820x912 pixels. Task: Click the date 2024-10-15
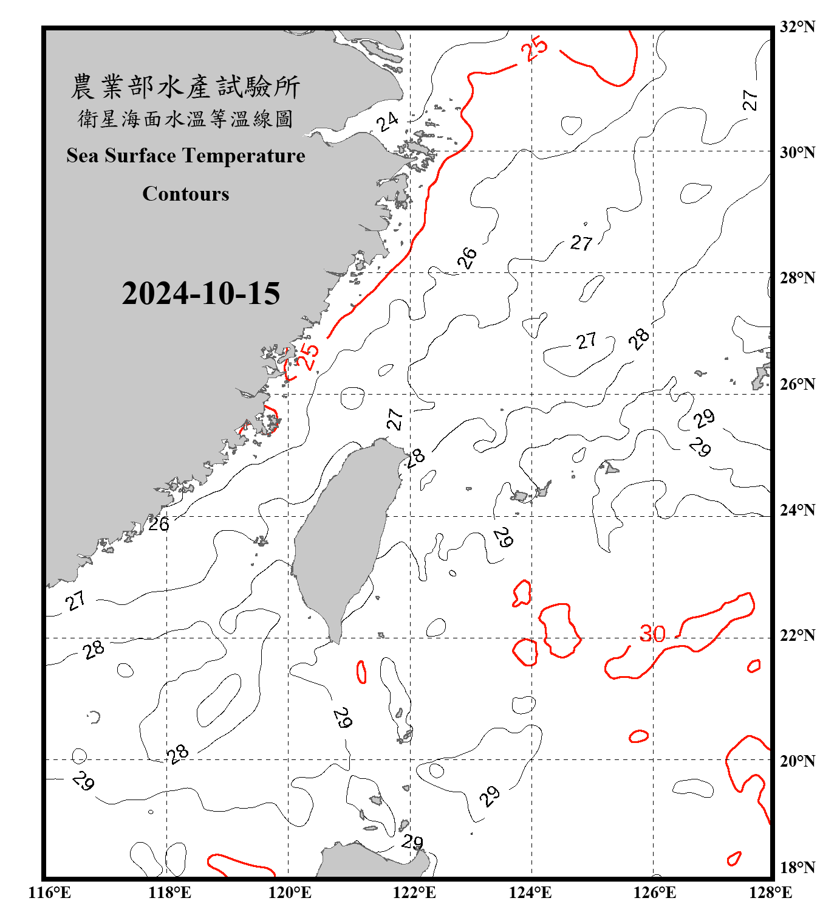click(200, 294)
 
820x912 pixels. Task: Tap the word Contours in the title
click(186, 194)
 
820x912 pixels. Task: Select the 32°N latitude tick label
click(797, 27)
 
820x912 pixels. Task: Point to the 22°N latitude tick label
click(797, 636)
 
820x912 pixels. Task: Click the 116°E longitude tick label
click(50, 893)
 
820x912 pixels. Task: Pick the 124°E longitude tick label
click(530, 893)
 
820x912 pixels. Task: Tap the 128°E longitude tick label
click(770, 893)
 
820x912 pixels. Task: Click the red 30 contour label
click(652, 634)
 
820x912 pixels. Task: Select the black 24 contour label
click(387, 122)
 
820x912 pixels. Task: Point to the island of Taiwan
click(343, 535)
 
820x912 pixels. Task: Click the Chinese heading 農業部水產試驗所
click(185, 87)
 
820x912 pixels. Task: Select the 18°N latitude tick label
click(797, 868)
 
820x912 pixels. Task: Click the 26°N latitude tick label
click(797, 384)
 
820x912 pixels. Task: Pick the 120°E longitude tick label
click(290, 893)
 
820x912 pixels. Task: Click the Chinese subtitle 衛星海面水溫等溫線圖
click(185, 119)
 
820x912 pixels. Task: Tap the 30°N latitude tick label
click(797, 153)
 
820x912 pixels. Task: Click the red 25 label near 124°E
click(536, 49)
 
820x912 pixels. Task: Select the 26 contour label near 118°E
click(159, 524)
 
